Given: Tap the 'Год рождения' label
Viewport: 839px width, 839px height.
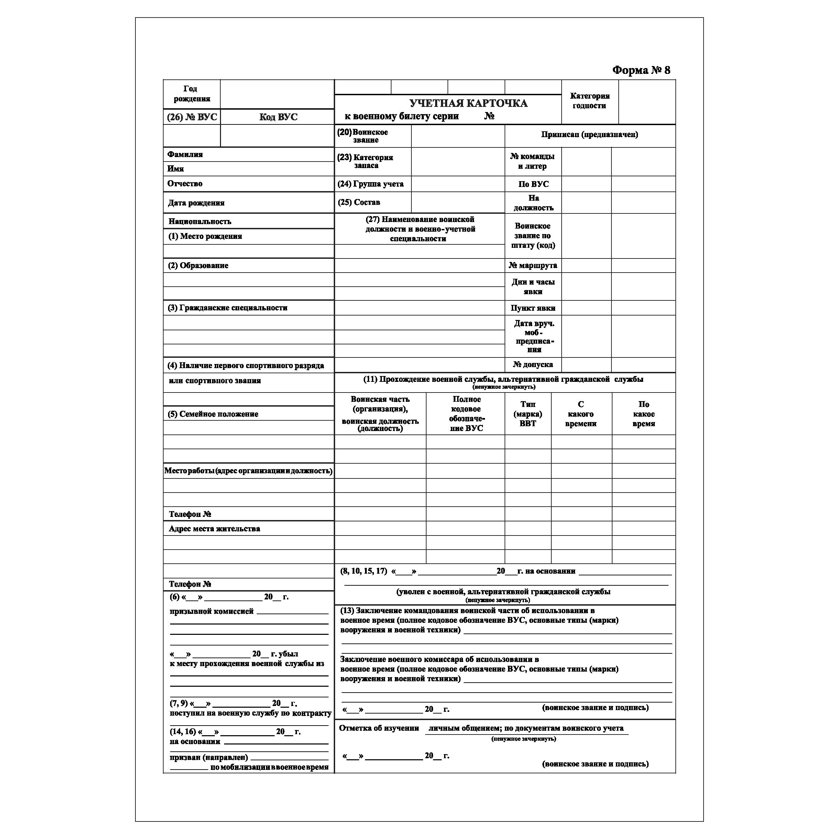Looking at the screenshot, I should tap(191, 94).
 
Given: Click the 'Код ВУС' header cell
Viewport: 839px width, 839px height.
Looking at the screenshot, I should tap(278, 117).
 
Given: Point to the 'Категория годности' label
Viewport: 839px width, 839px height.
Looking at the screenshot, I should tap(589, 101).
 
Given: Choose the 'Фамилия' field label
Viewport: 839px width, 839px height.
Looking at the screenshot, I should tap(185, 155).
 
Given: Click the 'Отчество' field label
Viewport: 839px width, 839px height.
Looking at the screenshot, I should tap(185, 184).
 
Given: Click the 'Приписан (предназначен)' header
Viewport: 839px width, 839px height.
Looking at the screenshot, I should tap(589, 135).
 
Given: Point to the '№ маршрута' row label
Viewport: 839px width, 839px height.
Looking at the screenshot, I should tap(532, 265).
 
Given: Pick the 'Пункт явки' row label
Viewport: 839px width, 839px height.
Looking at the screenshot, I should tap(532, 308).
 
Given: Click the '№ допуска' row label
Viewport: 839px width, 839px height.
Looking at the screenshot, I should tap(532, 365).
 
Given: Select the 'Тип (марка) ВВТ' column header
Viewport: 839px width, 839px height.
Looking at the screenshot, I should tap(528, 414).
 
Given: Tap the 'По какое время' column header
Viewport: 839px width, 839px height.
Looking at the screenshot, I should tap(643, 414).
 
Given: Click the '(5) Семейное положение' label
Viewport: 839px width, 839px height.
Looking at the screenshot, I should tap(213, 414).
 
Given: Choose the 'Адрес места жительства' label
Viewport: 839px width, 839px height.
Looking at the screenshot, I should tap(214, 529).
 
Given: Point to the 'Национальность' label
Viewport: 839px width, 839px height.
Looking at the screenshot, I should tap(200, 221).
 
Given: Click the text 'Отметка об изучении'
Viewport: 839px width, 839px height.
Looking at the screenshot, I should tap(379, 728).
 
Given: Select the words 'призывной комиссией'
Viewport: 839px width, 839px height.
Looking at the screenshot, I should tap(211, 611).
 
